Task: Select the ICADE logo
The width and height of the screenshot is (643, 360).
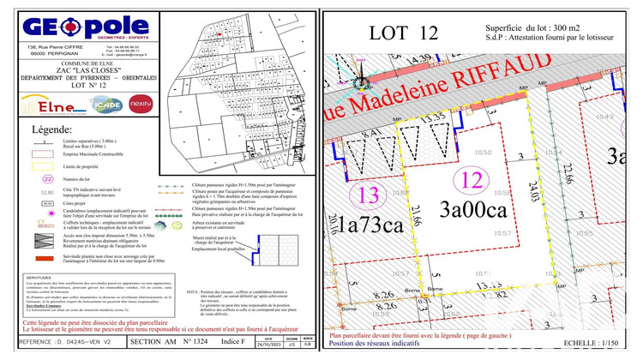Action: point(110,105)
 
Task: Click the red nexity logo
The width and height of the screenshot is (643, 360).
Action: point(141,105)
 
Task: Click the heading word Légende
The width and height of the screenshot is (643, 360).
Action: point(51,130)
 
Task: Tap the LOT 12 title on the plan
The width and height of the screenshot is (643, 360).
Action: point(402,33)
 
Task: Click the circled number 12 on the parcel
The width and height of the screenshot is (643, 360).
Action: point(469,181)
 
